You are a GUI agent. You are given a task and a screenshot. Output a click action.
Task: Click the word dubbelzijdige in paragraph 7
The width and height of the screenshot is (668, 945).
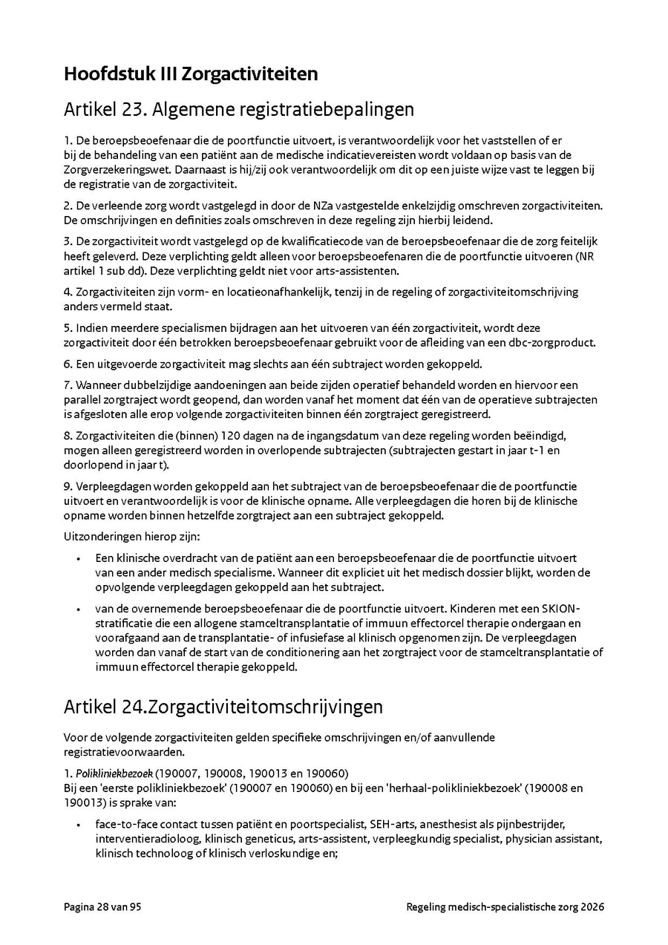coord(145,385)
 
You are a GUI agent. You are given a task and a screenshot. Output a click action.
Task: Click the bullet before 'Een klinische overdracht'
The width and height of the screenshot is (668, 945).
coord(78,557)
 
